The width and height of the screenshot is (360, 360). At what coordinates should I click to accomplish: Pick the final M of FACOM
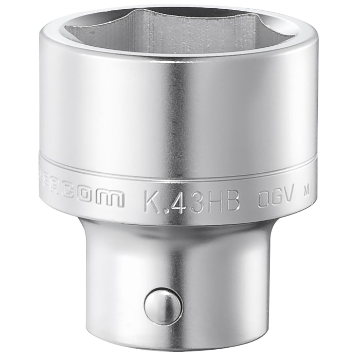tap(113, 199)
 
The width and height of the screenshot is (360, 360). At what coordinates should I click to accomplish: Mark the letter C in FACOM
tap(81, 199)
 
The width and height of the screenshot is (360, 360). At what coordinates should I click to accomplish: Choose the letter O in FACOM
tap(96, 199)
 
